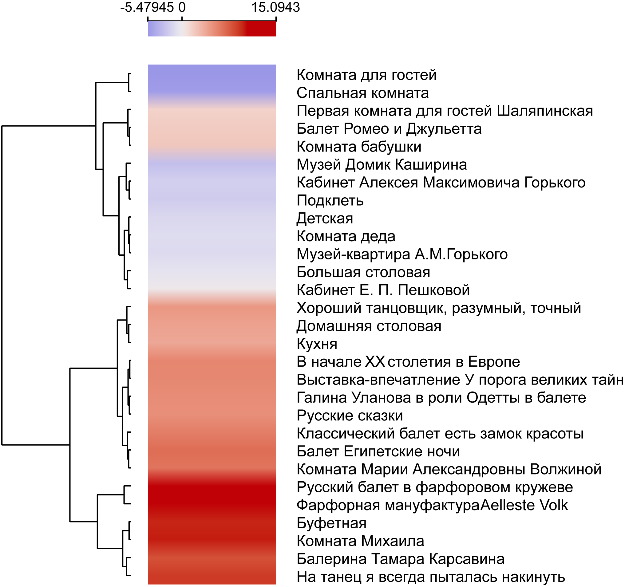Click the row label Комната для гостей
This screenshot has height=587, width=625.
pyautogui.click(x=366, y=75)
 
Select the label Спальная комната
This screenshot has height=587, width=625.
pyautogui.click(x=362, y=93)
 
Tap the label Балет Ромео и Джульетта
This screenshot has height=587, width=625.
pyautogui.click(x=389, y=129)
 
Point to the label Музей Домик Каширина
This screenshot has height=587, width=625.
pyautogui.click(x=382, y=165)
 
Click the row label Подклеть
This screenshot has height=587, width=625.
pyautogui.click(x=330, y=200)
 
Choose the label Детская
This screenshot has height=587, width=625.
pyautogui.click(x=325, y=219)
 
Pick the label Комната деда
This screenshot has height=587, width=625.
pyautogui.click(x=346, y=236)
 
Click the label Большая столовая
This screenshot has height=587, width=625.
pyautogui.click(x=363, y=272)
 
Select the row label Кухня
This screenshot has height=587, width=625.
pyautogui.click(x=317, y=344)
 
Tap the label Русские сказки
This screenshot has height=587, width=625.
pyautogui.click(x=350, y=416)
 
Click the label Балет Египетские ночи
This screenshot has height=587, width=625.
pyautogui.click(x=378, y=451)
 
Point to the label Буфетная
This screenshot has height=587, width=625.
pyautogui.click(x=331, y=523)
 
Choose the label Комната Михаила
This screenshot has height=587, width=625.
pyautogui.click(x=360, y=541)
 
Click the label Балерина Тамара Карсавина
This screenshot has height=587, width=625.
pyautogui.click(x=401, y=559)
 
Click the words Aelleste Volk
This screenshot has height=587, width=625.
pyautogui.click(x=524, y=505)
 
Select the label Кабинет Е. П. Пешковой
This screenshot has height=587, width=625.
pyautogui.click(x=383, y=290)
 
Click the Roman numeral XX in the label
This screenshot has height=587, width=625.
pyautogui.click(x=375, y=362)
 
